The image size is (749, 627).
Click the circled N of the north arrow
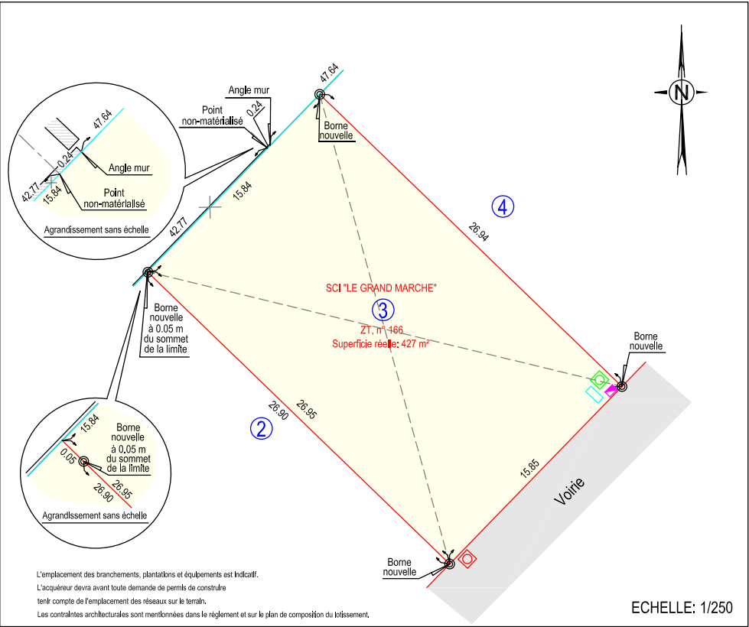[x=680, y=93]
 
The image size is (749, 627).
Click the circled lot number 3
[x=383, y=310]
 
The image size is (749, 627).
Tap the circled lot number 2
[x=262, y=428]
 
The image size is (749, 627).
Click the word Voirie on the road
[x=569, y=492]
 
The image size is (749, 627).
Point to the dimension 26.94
[x=478, y=232]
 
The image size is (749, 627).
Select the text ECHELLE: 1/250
[x=682, y=608]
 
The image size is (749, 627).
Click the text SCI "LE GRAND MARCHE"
[x=380, y=288]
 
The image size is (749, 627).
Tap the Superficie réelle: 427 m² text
[x=380, y=344]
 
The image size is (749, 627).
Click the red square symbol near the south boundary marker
[x=467, y=558]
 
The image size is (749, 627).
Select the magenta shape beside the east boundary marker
[x=611, y=389]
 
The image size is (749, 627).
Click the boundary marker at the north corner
[x=320, y=95]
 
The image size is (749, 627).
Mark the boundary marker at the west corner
[x=148, y=271]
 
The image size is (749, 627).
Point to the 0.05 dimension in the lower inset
[x=67, y=459]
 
